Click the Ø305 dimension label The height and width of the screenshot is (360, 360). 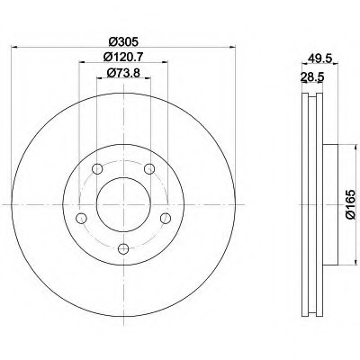pyautogui.click(x=123, y=41)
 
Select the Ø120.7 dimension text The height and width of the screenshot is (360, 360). pyautogui.click(x=123, y=57)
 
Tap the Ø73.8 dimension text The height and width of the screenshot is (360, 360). pyautogui.click(x=123, y=72)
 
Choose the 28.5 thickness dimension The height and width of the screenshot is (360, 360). pyautogui.click(x=312, y=77)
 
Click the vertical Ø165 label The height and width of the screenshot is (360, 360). pyautogui.click(x=350, y=204)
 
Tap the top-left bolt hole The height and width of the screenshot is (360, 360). pyautogui.click(x=97, y=169)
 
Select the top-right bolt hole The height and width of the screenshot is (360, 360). pyautogui.click(x=149, y=169)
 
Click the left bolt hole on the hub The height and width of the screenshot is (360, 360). pyautogui.click(x=81, y=218)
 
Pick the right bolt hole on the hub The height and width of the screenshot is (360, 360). pyautogui.click(x=166, y=218)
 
